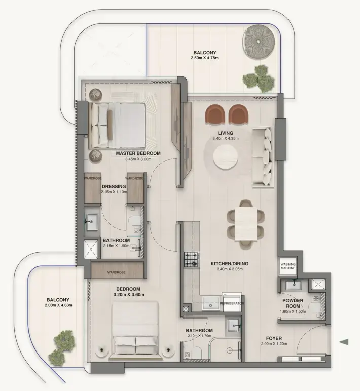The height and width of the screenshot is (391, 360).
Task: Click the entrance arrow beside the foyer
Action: pyautogui.click(x=344, y=342)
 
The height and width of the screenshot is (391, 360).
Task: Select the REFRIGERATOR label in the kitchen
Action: pyautogui.click(x=232, y=303)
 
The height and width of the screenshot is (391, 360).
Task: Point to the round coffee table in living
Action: pyautogui.click(x=226, y=157)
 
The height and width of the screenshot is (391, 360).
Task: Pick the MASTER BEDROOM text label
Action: pyautogui.click(x=138, y=153)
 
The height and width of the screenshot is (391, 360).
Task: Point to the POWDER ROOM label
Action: pyautogui.click(x=293, y=303)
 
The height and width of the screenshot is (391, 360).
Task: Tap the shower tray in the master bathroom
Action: pyautogui.click(x=92, y=249)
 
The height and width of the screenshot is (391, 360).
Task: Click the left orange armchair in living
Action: pyautogui.click(x=215, y=115)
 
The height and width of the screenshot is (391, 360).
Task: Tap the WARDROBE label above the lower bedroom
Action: pyautogui.click(x=116, y=272)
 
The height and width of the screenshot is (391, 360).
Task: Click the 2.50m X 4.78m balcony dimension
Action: pyautogui.click(x=205, y=59)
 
